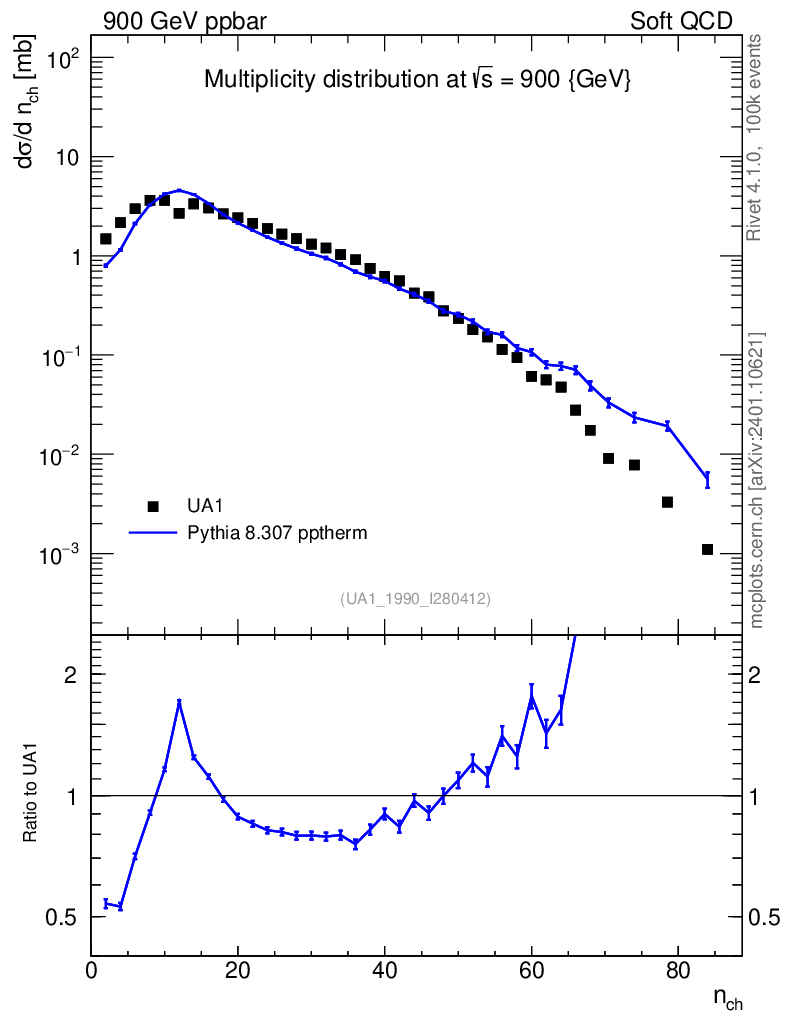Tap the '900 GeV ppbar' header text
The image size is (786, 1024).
click(184, 21)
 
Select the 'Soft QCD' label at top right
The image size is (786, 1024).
click(681, 21)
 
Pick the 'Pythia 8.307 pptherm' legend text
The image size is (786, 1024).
click(277, 533)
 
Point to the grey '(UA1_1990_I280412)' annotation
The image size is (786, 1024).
click(415, 598)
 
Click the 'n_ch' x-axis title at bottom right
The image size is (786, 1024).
click(727, 997)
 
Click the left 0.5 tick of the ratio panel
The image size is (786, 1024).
click(62, 917)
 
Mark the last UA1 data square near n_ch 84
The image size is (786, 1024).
click(707, 549)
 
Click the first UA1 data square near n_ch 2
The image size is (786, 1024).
click(106, 239)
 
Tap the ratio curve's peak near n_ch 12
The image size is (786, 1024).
click(179, 702)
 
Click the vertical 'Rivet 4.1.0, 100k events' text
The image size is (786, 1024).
click(756, 136)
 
